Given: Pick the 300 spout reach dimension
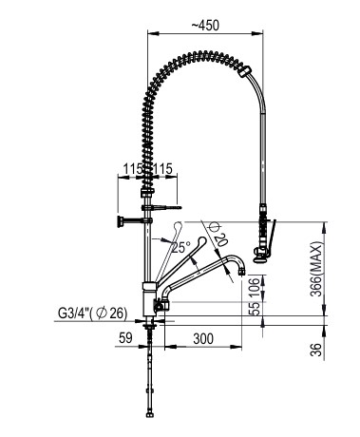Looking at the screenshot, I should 202,337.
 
